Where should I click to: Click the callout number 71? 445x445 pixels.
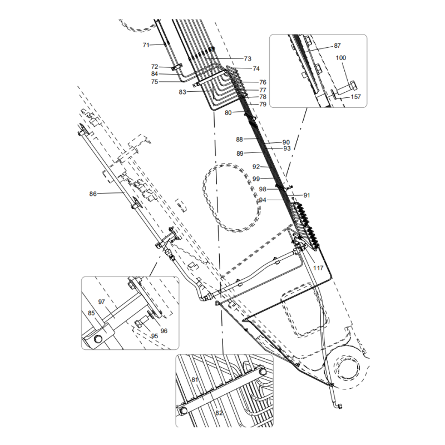146,44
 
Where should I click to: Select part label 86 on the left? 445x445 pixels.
93,194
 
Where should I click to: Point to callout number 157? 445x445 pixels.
355,97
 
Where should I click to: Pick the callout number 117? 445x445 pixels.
318,268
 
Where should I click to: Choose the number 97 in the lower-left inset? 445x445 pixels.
102,301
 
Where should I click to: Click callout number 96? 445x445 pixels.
164,331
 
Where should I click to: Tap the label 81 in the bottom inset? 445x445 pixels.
195,380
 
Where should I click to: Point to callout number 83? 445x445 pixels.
183,92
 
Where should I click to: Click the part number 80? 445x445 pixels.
228,112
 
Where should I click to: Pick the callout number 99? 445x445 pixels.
256,179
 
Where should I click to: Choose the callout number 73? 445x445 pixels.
248,58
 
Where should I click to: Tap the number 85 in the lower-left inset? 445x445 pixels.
91,313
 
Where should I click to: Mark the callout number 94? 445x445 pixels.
263,200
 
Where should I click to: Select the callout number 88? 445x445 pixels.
240,140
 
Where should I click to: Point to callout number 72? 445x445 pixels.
155,67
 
